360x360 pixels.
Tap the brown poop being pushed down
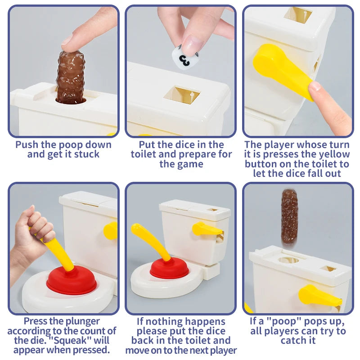click(70, 77)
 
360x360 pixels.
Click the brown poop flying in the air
click(290, 216)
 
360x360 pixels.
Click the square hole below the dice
click(181, 96)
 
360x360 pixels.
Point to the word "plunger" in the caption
click(85, 321)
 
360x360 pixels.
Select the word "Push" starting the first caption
click(26, 144)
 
